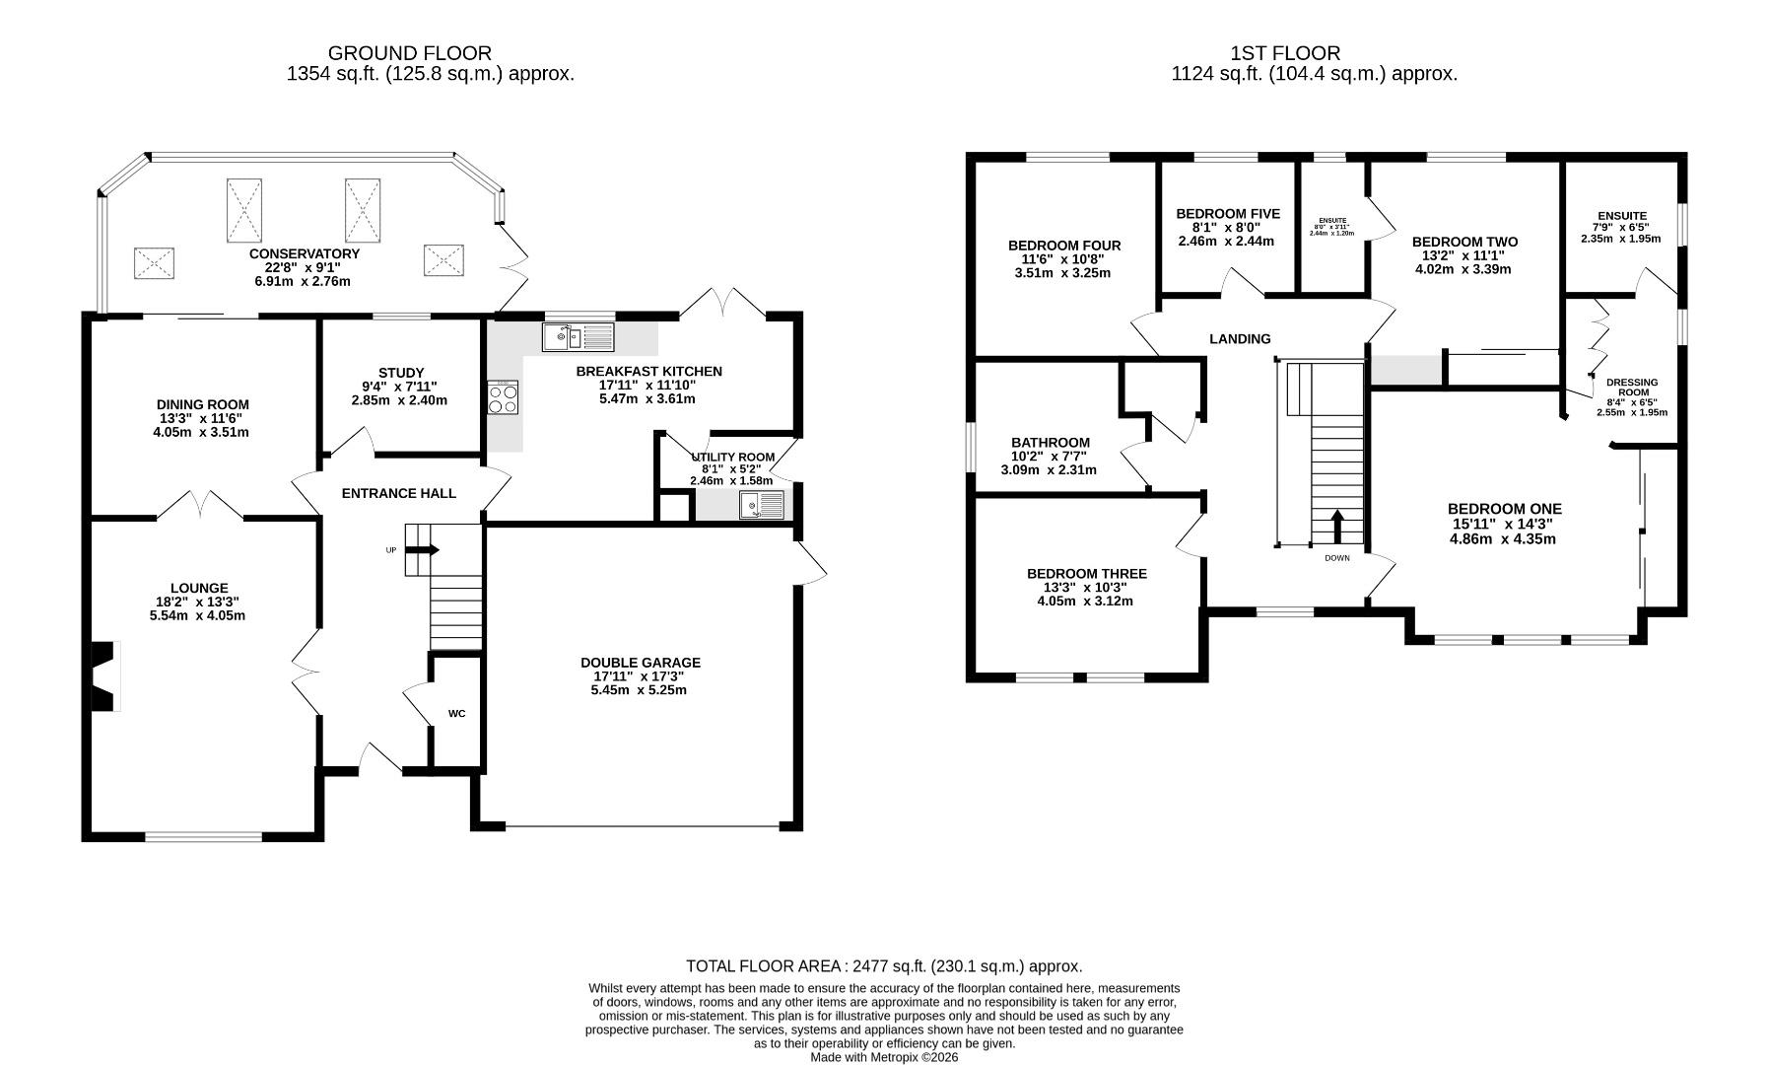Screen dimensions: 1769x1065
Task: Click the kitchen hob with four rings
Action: (503, 397)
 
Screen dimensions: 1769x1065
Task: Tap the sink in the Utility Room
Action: (762, 505)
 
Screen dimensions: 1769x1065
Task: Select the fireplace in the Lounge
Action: (104, 675)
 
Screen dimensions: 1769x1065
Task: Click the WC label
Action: (457, 713)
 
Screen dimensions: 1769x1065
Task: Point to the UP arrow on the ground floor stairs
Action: (423, 550)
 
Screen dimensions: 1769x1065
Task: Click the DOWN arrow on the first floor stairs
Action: (1337, 527)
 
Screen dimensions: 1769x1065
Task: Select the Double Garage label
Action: (641, 663)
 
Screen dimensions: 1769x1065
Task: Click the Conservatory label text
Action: (305, 253)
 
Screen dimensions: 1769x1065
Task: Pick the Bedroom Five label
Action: (1228, 214)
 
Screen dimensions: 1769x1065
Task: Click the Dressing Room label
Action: (1632, 388)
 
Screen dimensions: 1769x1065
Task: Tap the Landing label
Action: (1240, 339)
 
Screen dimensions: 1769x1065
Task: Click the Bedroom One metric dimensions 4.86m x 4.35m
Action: (1503, 539)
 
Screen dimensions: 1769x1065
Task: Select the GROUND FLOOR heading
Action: (410, 53)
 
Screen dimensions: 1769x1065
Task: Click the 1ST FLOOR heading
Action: (1285, 53)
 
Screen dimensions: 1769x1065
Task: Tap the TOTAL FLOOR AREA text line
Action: (884, 966)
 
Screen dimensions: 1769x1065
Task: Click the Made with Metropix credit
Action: (884, 1057)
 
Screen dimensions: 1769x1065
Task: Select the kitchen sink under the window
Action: (578, 337)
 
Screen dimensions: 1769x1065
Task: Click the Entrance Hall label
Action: (399, 493)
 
